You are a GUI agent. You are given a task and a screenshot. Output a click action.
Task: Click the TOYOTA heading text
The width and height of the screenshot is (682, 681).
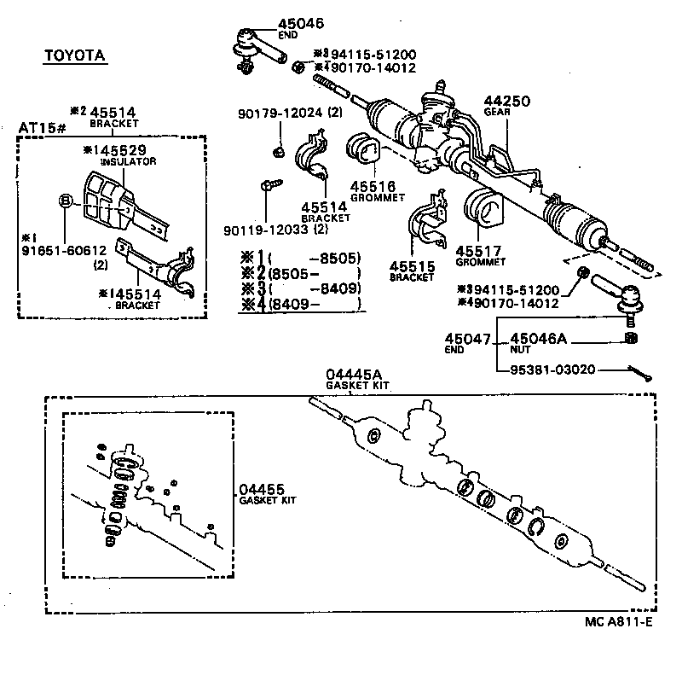click(x=75, y=55)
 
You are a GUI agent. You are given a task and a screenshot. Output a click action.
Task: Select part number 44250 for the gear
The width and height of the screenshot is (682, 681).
click(x=508, y=101)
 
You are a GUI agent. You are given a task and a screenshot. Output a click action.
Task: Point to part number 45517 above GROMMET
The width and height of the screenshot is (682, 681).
click(x=477, y=251)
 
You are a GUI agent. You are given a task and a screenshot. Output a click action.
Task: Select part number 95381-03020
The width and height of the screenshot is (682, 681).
click(x=553, y=370)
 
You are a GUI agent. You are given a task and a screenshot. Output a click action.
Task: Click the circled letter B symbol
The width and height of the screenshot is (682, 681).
click(x=65, y=201)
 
